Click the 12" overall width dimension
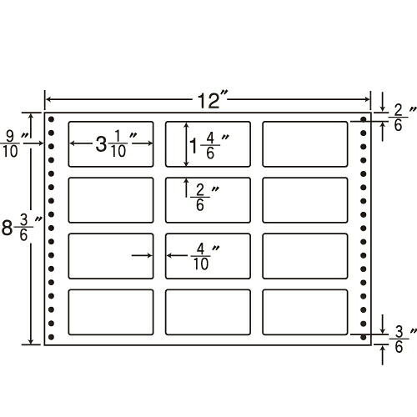[x=208, y=101]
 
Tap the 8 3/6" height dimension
[x=20, y=228]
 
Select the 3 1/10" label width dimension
[x=116, y=143]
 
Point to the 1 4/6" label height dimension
[x=208, y=145]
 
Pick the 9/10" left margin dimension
[x=14, y=143]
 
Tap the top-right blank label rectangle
[x=305, y=144]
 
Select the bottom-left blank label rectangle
[x=111, y=312]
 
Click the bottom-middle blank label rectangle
[x=208, y=312]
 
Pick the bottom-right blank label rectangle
[x=305, y=312]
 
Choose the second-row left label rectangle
[x=111, y=200]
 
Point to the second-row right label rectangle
[x=305, y=200]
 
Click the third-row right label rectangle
[x=305, y=256]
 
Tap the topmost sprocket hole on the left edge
[x=51, y=119]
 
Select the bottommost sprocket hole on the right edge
[x=363, y=337]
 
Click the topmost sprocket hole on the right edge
[x=363, y=119]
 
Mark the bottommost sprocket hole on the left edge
[x=51, y=337]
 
